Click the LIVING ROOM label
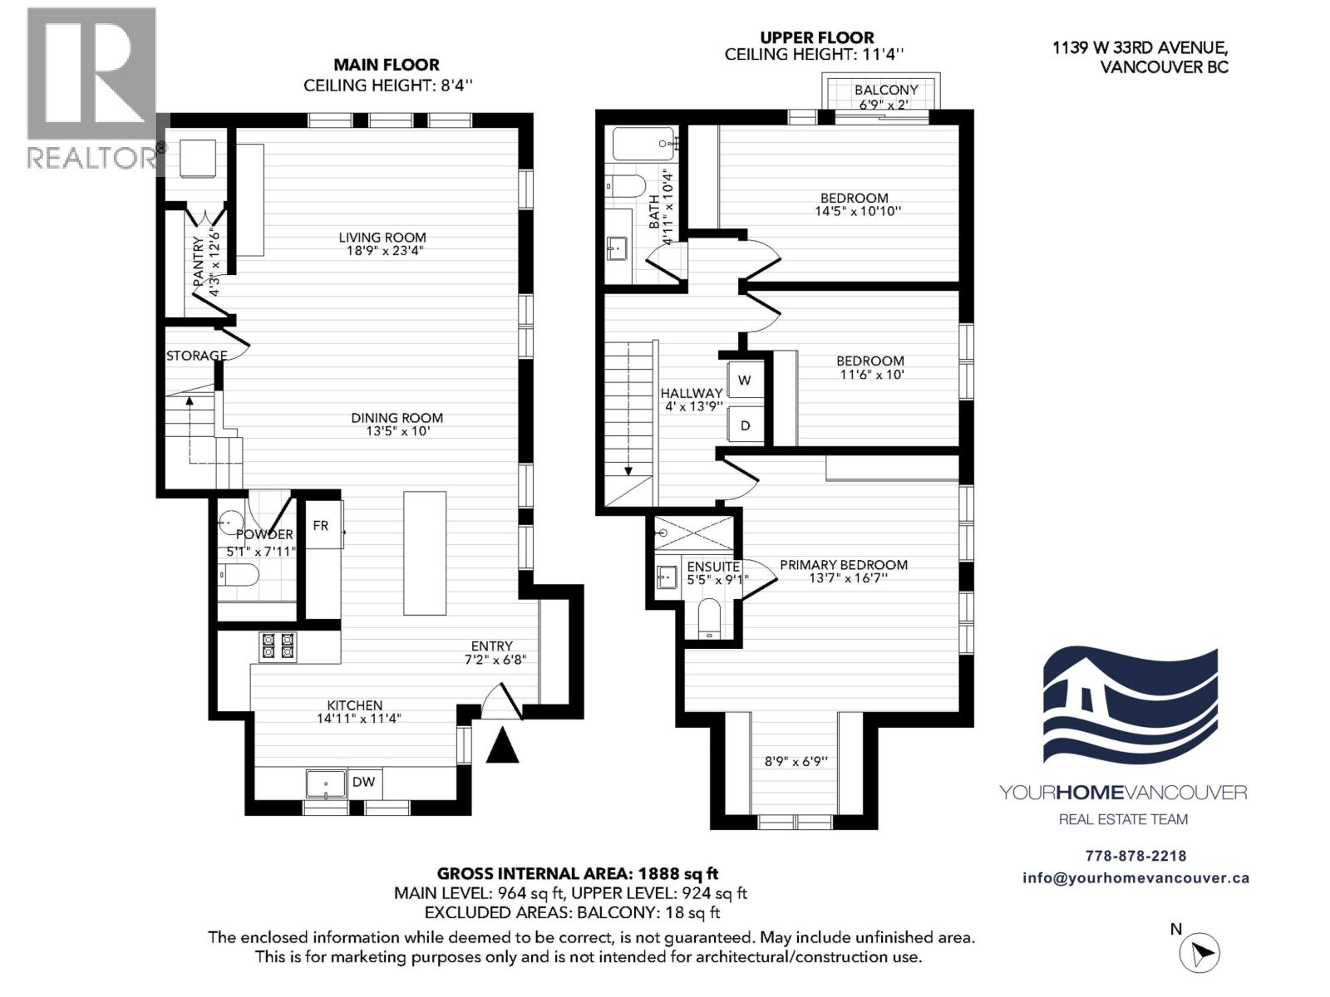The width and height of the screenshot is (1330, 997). coord(382,238)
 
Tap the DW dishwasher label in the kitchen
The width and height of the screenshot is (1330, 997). coord(363,782)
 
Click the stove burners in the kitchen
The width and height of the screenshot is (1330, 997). coord(278,646)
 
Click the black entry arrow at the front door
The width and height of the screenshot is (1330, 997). coord(502,745)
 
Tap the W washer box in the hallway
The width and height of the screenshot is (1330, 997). coord(745,381)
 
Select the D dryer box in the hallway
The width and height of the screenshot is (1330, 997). coord(745,425)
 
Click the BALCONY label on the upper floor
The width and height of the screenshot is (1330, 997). coord(885,90)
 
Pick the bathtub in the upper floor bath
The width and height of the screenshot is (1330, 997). coord(644,144)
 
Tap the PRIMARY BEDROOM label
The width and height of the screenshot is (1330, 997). coord(843,565)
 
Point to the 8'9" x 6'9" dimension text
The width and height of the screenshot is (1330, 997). coord(796,761)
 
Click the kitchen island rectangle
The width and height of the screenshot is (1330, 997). coord(425,553)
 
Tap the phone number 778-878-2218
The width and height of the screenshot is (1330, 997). coord(1135,856)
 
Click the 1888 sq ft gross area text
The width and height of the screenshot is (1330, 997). coord(677,873)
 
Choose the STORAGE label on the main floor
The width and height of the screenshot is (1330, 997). coord(197,356)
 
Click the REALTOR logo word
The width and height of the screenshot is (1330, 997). coord(91,158)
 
